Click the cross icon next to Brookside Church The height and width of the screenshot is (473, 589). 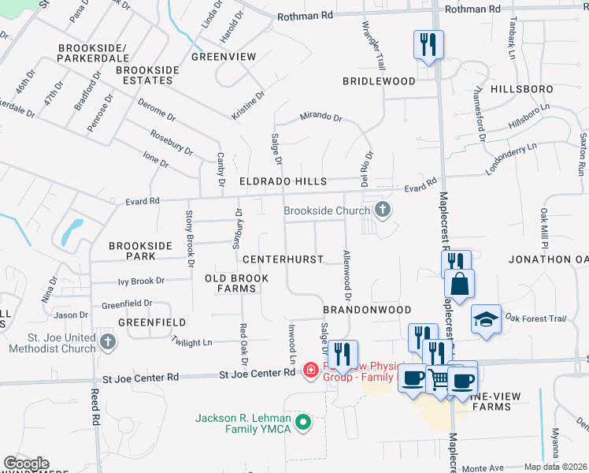[x=383, y=210]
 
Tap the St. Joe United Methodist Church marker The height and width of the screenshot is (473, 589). [x=108, y=341]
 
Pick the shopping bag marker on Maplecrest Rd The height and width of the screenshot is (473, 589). [x=459, y=283]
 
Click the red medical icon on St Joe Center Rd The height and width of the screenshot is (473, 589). [x=310, y=370]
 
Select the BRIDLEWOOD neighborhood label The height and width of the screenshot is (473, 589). [x=379, y=81]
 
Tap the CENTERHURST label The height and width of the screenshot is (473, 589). [x=283, y=259]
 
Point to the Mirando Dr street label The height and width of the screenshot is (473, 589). [x=320, y=118]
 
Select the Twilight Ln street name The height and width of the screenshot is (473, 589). [x=192, y=342]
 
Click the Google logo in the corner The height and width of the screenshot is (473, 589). [x=27, y=463]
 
